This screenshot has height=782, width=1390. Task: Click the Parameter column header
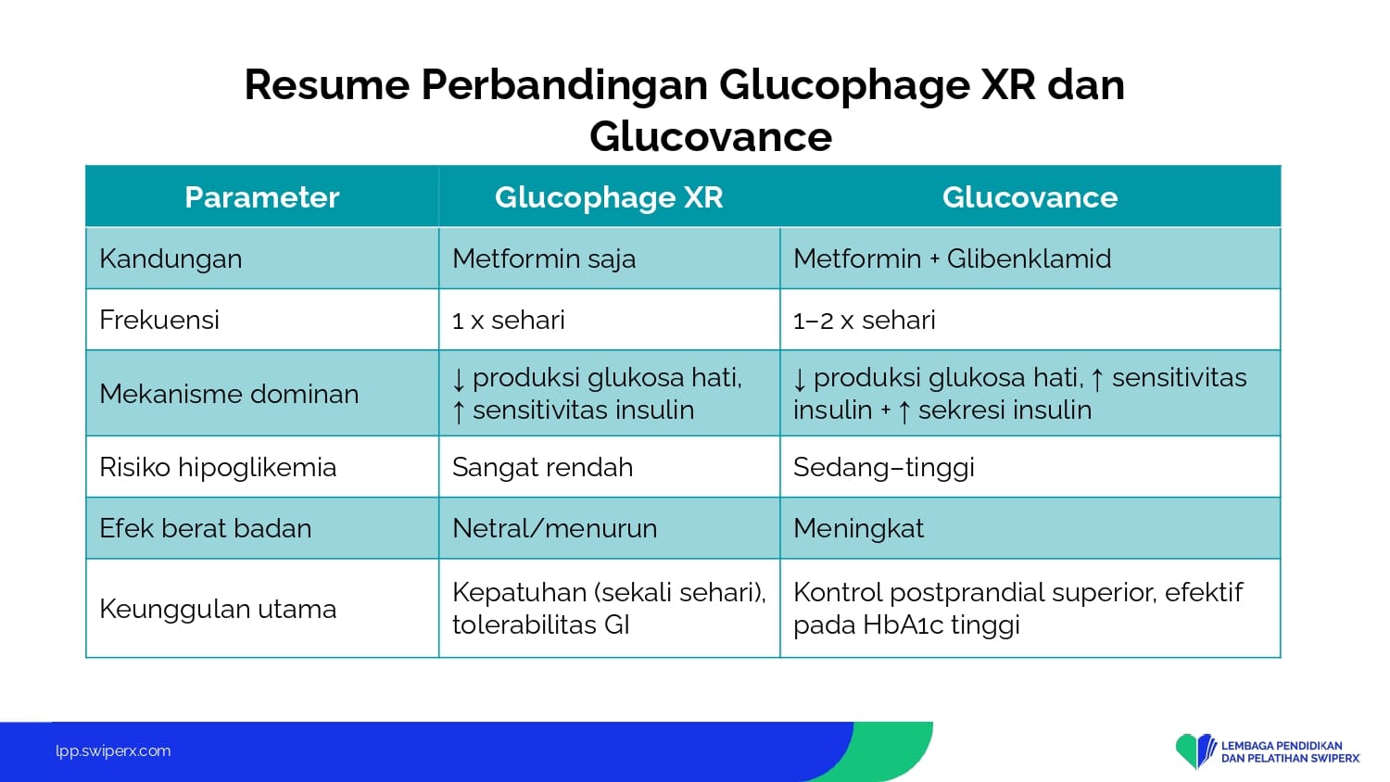tap(262, 197)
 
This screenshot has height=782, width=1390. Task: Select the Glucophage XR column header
tap(609, 197)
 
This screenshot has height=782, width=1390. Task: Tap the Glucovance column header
tap(1030, 197)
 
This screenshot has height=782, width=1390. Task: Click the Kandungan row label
tap(171, 259)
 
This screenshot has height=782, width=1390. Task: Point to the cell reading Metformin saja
tap(544, 259)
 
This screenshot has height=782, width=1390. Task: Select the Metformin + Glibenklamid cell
tap(952, 259)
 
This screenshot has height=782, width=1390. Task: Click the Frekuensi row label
tap(159, 321)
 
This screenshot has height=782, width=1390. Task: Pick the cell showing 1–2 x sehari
tap(864, 321)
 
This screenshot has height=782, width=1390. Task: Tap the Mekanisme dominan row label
tap(229, 394)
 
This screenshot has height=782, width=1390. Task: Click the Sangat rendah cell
tap(542, 467)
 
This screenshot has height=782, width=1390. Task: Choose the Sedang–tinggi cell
tap(884, 467)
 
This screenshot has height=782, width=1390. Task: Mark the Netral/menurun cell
tap(554, 529)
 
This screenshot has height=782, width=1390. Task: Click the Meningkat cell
tap(858, 529)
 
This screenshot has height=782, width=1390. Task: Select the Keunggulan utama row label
tap(218, 609)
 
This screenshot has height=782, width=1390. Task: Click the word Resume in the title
tap(327, 84)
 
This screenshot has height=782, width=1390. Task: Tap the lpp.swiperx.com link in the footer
tap(113, 751)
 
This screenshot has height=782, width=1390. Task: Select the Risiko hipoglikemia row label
tap(218, 467)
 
